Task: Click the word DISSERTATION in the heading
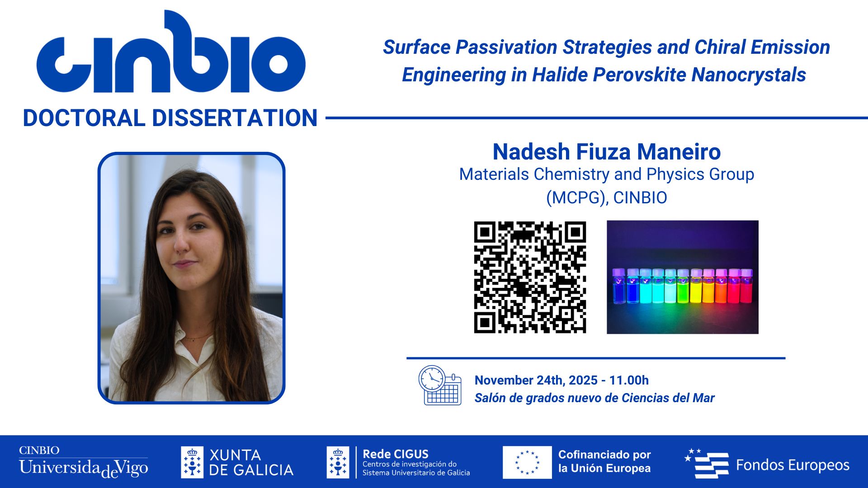pyautogui.click(x=235, y=118)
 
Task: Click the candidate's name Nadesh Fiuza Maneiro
pyautogui.click(x=606, y=152)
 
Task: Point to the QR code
pyautogui.click(x=530, y=277)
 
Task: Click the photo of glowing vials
pyautogui.click(x=682, y=277)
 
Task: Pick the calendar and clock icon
pyautogui.click(x=439, y=385)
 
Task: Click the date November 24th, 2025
pyautogui.click(x=536, y=380)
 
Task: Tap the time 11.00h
pyautogui.click(x=629, y=380)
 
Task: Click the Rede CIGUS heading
pyautogui.click(x=396, y=454)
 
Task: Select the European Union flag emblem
pyautogui.click(x=527, y=462)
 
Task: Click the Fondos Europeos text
pyautogui.click(x=793, y=465)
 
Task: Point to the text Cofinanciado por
pyautogui.click(x=604, y=455)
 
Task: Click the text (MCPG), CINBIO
pyautogui.click(x=606, y=198)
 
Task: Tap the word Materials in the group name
pyautogui.click(x=494, y=174)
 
